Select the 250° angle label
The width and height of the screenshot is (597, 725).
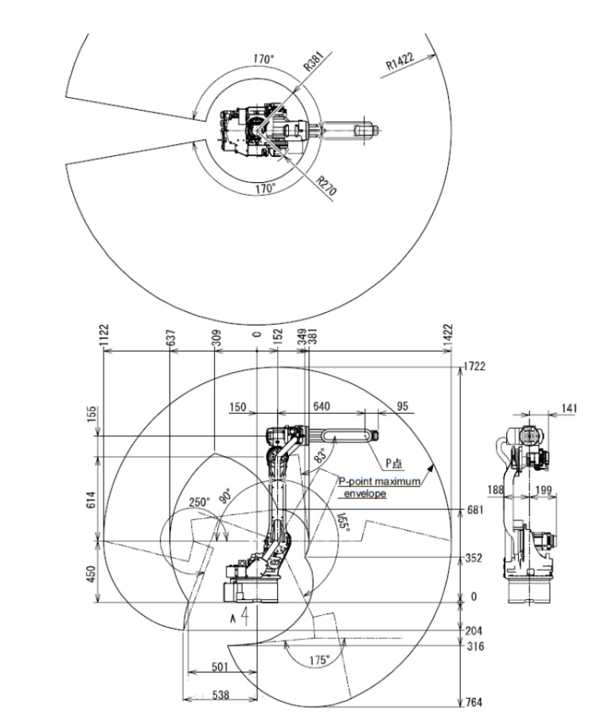tap(200, 503)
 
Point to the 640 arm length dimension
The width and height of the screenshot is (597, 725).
tap(322, 406)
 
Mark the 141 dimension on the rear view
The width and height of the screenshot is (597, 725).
tap(569, 407)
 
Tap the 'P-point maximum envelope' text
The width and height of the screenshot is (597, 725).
tap(377, 487)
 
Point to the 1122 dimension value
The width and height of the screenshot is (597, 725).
tap(104, 336)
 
